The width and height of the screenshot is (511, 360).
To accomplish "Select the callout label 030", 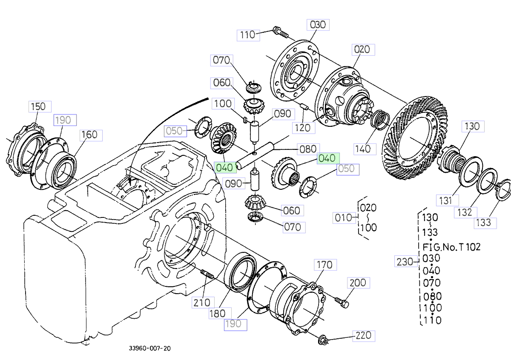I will [x=317, y=25].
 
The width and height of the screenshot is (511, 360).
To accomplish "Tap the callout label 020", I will [x=362, y=50].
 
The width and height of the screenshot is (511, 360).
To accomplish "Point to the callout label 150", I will [x=39, y=106].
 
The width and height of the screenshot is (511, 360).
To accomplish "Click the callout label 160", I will [x=89, y=135].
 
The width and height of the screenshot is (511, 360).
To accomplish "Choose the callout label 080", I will [x=307, y=149].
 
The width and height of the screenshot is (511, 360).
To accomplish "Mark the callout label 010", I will [x=343, y=218].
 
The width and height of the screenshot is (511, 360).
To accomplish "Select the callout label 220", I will [x=363, y=336].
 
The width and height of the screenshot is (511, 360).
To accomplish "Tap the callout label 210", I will [x=202, y=303].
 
